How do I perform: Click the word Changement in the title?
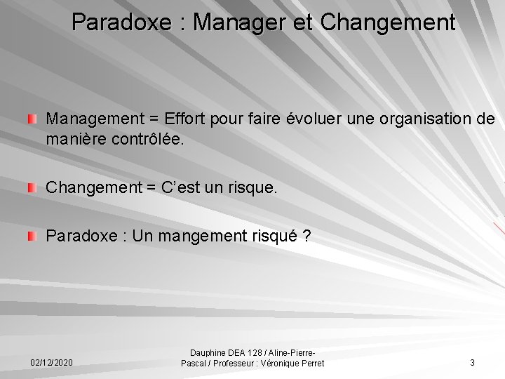pyautogui.click(x=388, y=22)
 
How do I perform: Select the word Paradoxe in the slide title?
pyautogui.click(x=120, y=22)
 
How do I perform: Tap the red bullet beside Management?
pyautogui.click(x=32, y=119)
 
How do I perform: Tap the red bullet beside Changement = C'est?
pyautogui.click(x=32, y=188)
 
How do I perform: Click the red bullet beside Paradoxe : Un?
pyautogui.click(x=32, y=237)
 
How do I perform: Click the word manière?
pyautogui.click(x=75, y=139)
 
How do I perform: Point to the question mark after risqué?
pyautogui.click(x=307, y=237)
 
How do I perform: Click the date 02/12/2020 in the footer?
pyautogui.click(x=51, y=363)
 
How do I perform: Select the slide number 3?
pyautogui.click(x=472, y=363)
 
